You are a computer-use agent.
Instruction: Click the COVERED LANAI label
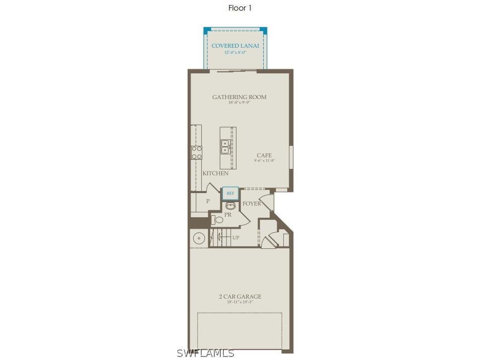[x=235, y=46]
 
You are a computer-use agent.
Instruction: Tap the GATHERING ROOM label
[x=239, y=97]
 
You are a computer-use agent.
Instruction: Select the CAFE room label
[x=264, y=155]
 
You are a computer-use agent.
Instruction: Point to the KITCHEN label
[x=215, y=173]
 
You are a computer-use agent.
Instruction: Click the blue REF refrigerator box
[x=230, y=193]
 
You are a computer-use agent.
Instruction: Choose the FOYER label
[x=252, y=204]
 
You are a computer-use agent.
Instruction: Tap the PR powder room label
[x=227, y=214]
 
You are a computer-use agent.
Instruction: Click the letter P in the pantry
[x=207, y=201]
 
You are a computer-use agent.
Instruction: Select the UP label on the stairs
[x=235, y=237]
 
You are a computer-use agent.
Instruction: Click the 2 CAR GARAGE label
[x=240, y=297]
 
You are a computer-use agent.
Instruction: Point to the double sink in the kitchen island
[x=225, y=146]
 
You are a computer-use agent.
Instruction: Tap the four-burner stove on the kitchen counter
[x=196, y=153]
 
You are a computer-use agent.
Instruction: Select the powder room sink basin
[x=231, y=206]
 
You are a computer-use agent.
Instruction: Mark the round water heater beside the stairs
[x=198, y=238]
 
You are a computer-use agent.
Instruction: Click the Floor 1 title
[x=239, y=8]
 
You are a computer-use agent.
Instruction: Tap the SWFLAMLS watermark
[x=205, y=353]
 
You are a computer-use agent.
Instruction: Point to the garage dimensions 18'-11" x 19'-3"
[x=240, y=302]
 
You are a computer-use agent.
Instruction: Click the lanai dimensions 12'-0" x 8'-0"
[x=235, y=52]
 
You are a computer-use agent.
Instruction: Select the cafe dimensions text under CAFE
[x=265, y=161]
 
